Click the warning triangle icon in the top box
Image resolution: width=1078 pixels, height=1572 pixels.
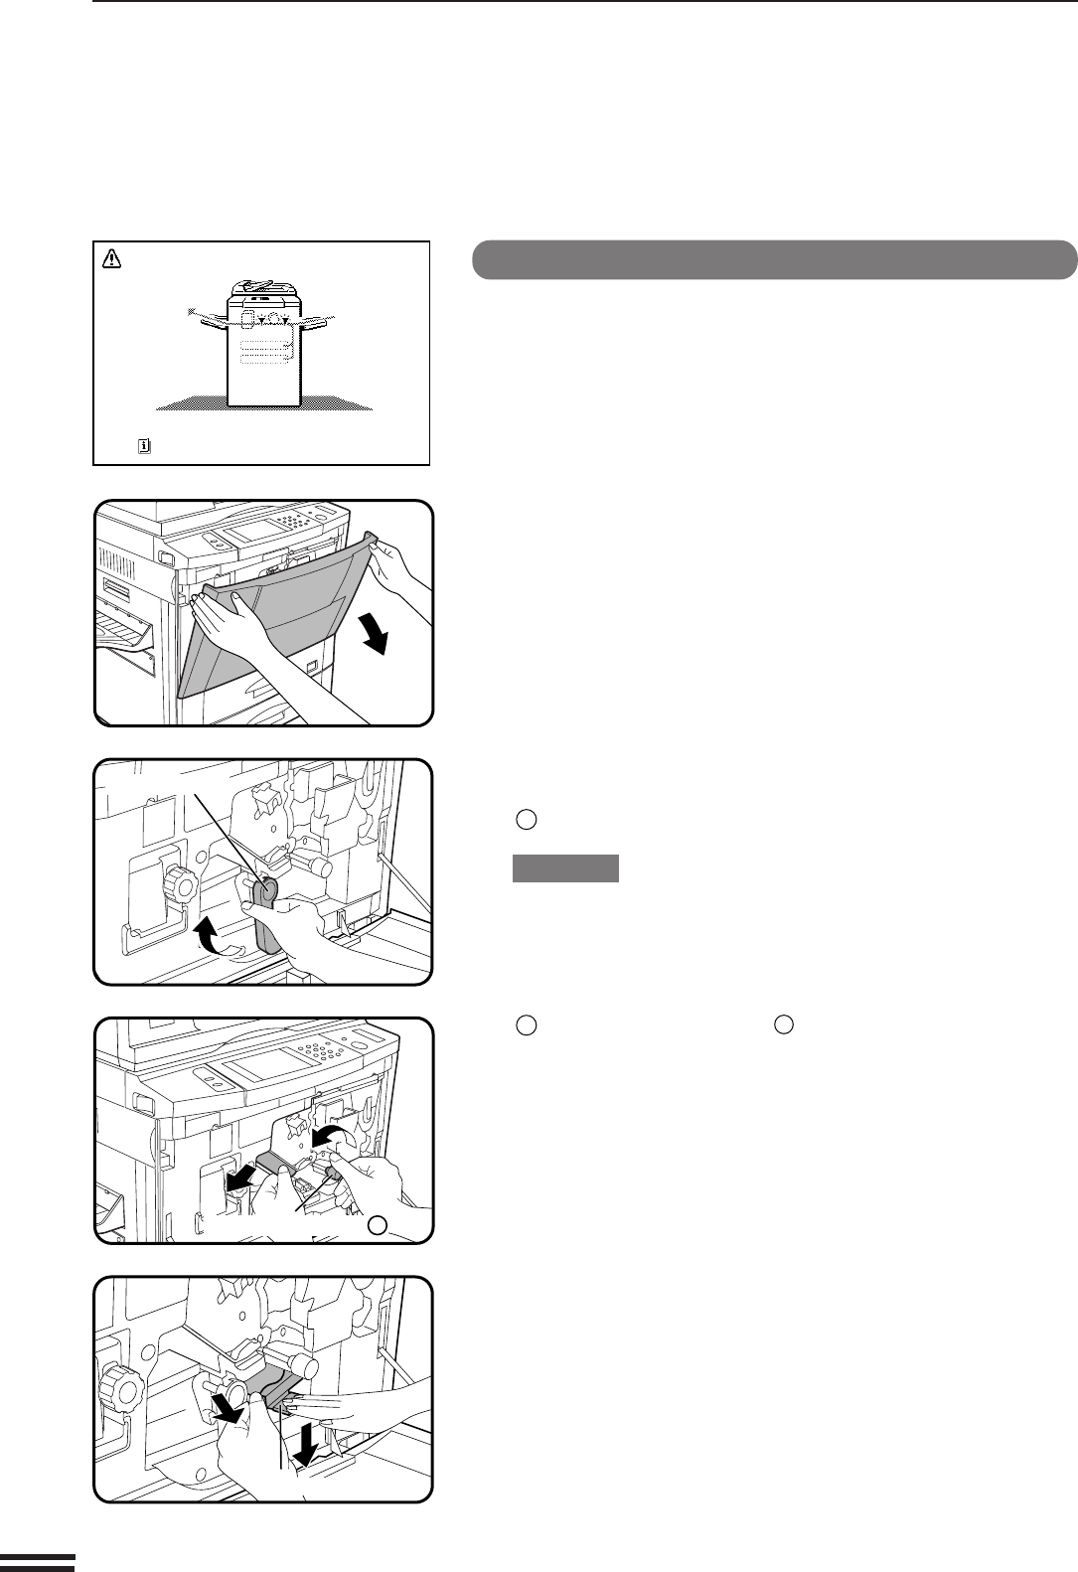[111, 259]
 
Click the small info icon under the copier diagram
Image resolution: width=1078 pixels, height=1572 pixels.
[143, 447]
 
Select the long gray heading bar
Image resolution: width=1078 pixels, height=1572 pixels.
[774, 259]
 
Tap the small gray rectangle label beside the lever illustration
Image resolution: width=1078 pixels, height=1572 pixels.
[565, 868]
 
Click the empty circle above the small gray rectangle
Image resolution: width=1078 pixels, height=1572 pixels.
[527, 820]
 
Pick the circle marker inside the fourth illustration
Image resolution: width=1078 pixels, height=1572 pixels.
[376, 1225]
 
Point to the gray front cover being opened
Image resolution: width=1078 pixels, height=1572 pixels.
[268, 636]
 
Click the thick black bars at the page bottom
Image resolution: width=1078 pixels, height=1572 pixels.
[37, 1561]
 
